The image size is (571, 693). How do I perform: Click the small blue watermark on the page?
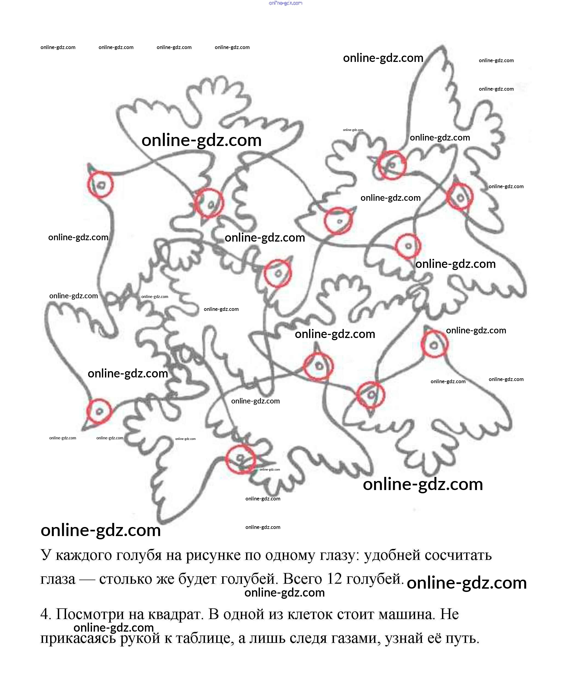pos(285,3)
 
